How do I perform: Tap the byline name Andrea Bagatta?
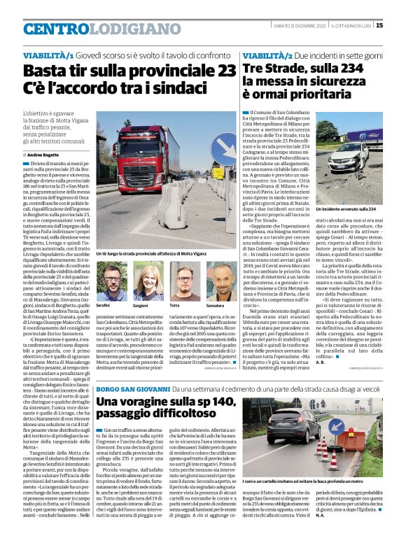(x=44, y=154)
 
